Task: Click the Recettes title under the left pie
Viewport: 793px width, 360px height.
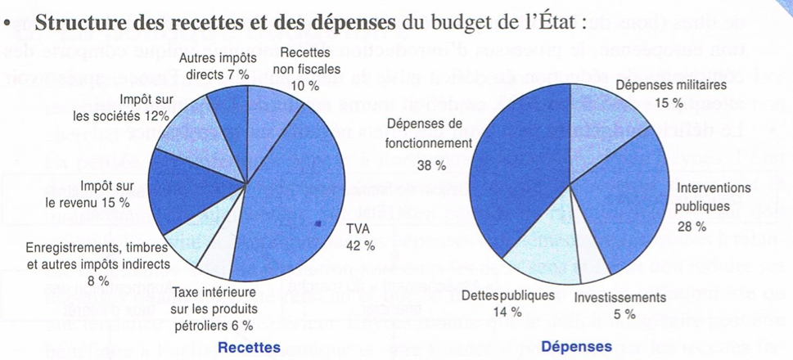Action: click(249, 348)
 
